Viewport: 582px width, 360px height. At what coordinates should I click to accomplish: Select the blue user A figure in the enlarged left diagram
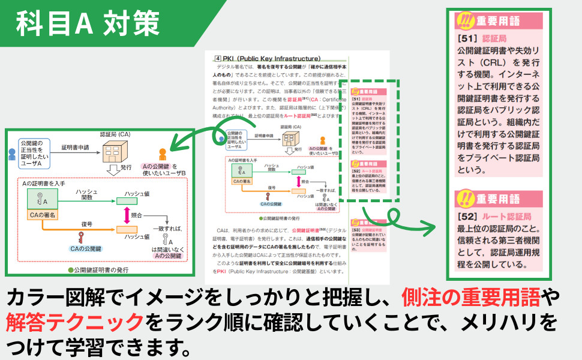11,154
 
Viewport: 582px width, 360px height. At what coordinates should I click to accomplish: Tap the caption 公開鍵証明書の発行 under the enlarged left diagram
98,270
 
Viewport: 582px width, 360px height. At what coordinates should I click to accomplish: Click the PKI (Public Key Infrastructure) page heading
261,58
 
